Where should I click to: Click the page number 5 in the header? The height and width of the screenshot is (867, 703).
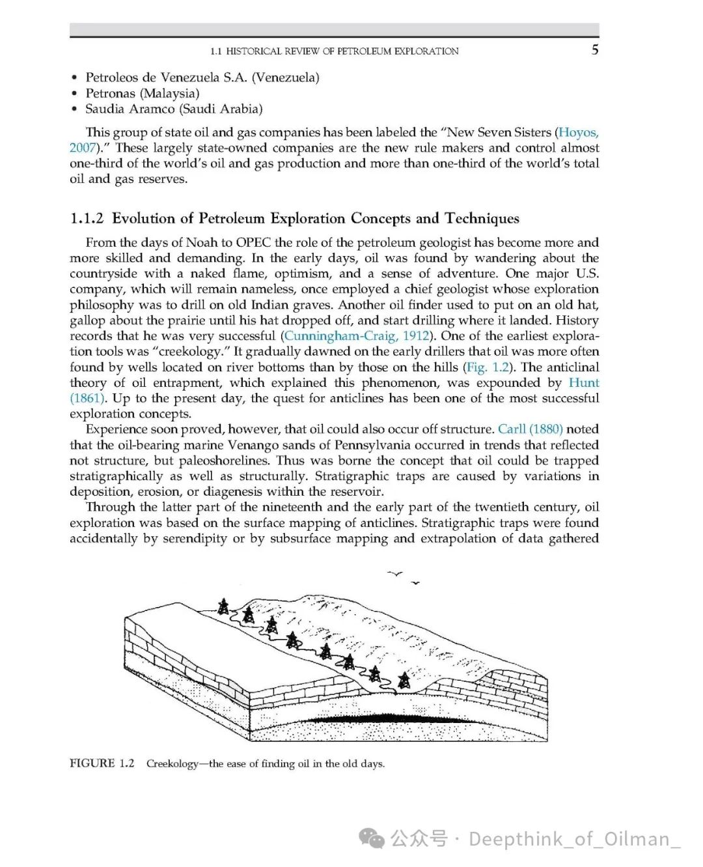tap(594, 50)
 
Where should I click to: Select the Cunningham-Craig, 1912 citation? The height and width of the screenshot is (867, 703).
tap(357, 336)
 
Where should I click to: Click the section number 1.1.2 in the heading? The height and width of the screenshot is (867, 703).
tap(87, 218)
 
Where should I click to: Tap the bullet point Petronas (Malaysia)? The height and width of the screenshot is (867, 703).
tap(143, 93)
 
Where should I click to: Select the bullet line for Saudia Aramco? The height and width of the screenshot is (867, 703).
tap(174, 109)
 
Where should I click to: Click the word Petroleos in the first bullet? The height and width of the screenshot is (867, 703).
tap(111, 78)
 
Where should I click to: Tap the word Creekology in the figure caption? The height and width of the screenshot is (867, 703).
tap(172, 763)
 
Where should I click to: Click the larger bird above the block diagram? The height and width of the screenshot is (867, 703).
tap(395, 574)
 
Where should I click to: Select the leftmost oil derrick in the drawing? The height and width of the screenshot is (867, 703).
tap(223, 606)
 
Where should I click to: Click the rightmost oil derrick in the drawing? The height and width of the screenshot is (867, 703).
tap(404, 681)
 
